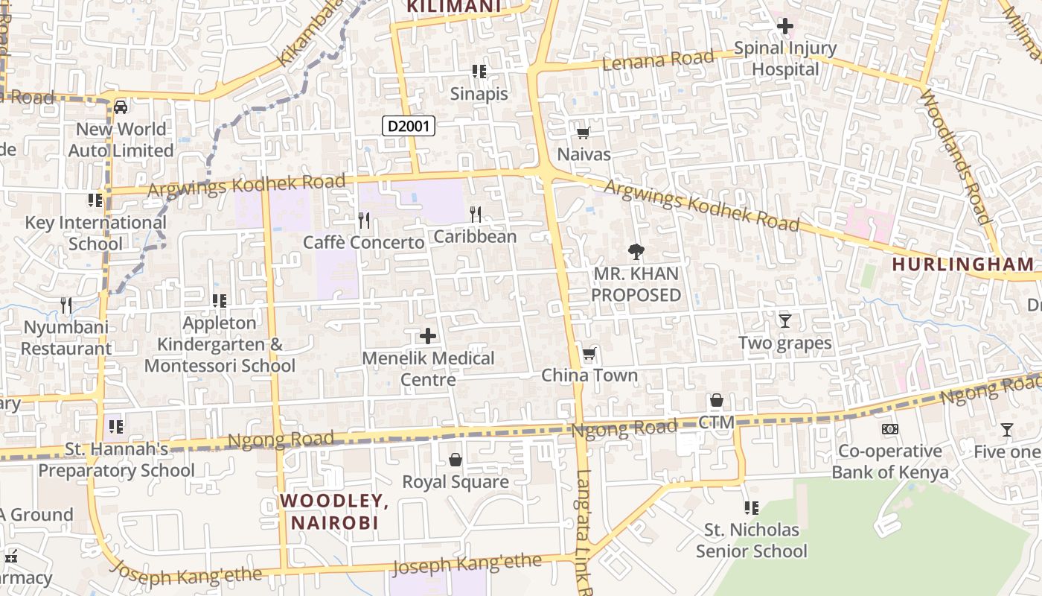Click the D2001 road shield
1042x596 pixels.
(x=409, y=126)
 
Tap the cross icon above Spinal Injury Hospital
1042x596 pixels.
(x=784, y=27)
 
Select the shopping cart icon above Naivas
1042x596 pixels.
(x=584, y=133)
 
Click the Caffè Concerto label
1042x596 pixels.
(x=363, y=243)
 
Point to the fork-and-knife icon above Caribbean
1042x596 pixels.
(x=476, y=215)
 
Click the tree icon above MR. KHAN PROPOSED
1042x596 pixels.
(x=636, y=252)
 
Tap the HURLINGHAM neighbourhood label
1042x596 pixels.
(x=963, y=264)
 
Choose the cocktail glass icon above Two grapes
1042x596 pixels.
(x=784, y=321)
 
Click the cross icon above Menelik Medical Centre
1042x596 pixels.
(x=428, y=337)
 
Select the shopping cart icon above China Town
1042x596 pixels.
(x=589, y=354)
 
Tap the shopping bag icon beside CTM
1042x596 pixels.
(x=716, y=401)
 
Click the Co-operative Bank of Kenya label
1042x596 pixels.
(x=890, y=462)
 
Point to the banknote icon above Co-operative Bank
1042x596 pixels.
(x=889, y=429)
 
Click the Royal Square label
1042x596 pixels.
(x=456, y=482)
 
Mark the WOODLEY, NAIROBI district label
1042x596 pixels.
(x=335, y=511)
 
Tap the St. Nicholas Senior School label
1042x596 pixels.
(x=751, y=541)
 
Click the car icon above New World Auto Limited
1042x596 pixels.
(x=121, y=107)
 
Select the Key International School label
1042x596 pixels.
(x=95, y=233)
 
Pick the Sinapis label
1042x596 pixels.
(x=479, y=94)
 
